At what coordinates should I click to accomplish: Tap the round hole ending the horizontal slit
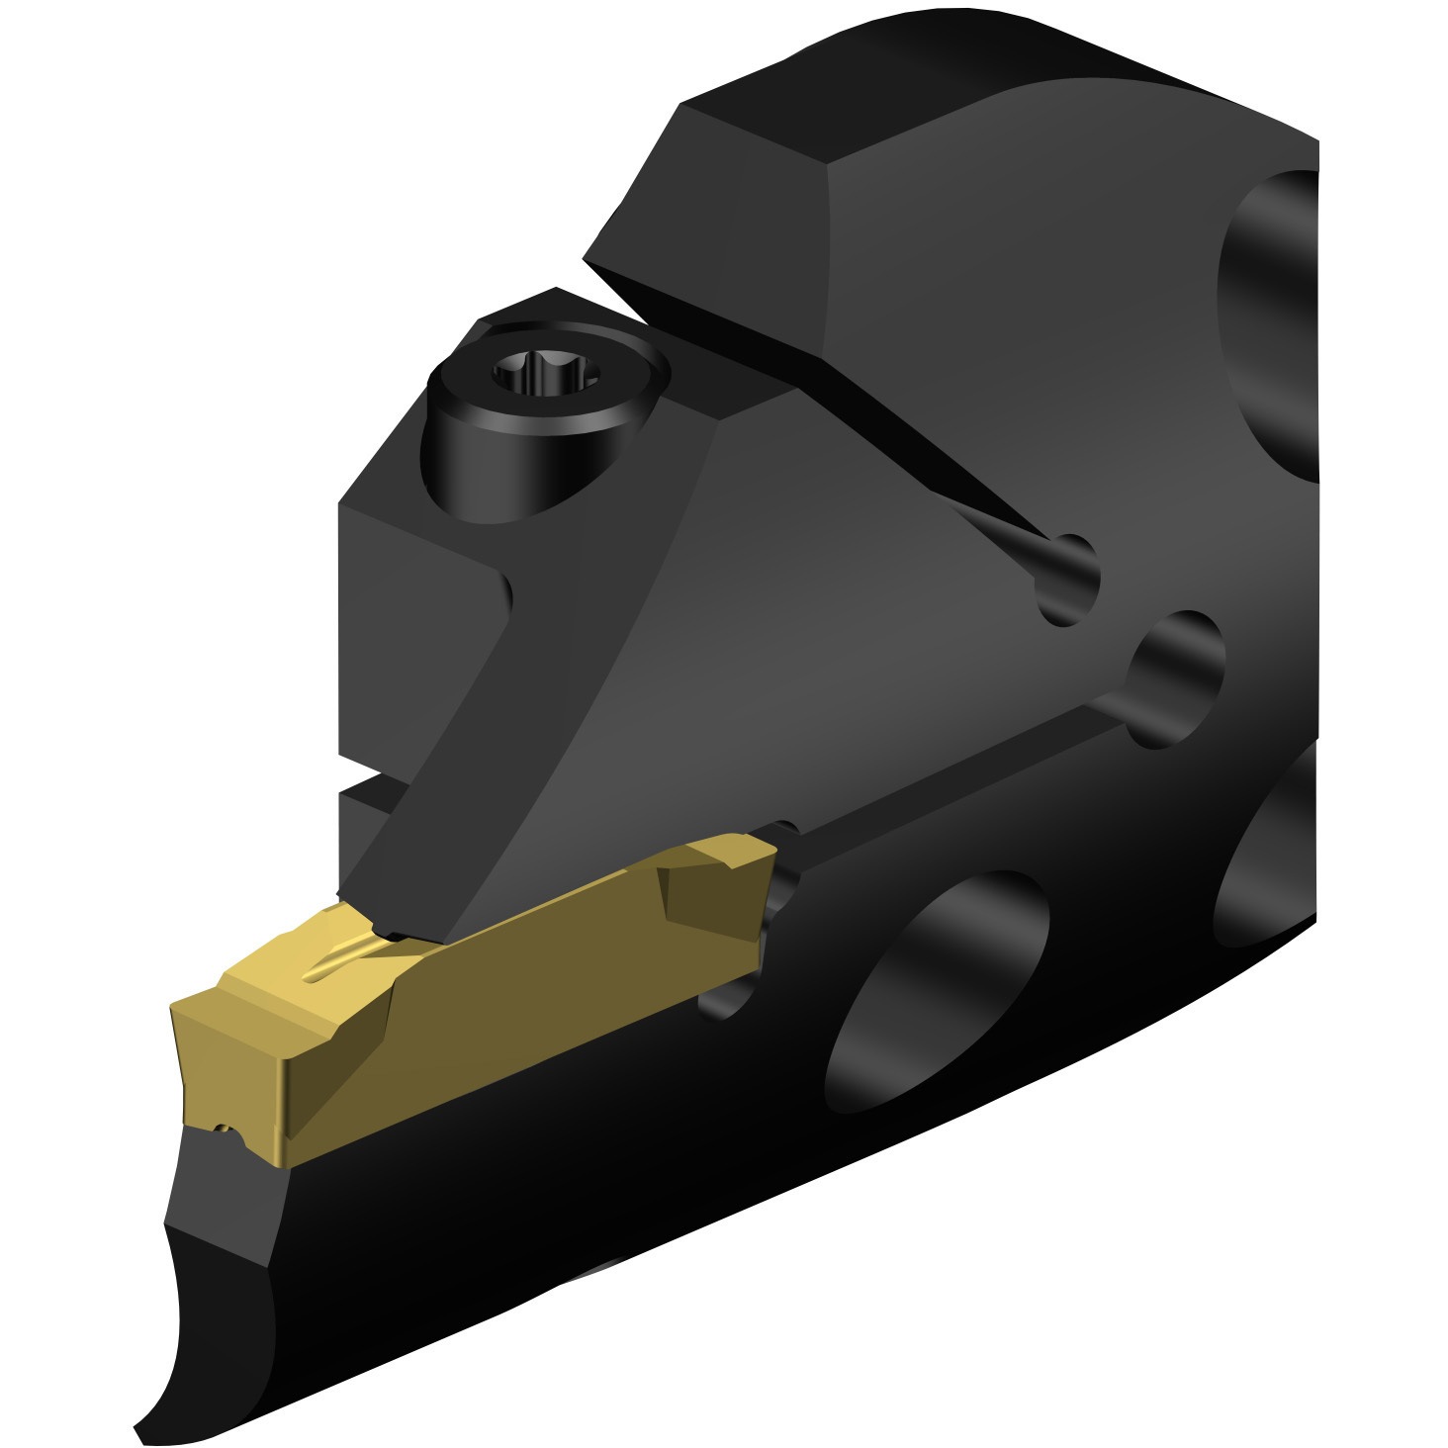1177,678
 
